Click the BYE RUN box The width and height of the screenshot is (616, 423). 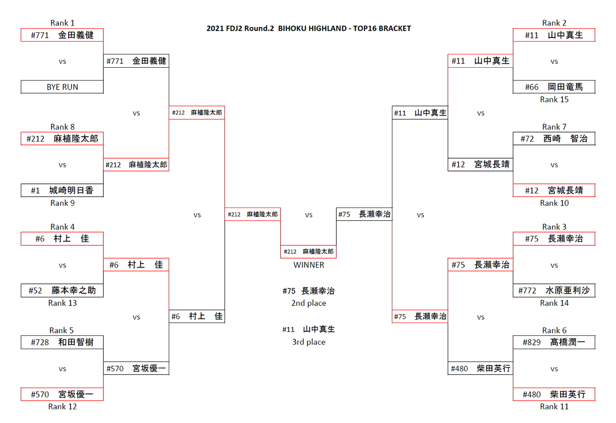point(62,87)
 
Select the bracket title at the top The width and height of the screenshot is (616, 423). point(308,28)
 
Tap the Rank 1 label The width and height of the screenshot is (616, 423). point(62,23)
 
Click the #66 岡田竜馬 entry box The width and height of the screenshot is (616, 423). point(554,87)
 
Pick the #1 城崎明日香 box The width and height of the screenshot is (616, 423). point(62,190)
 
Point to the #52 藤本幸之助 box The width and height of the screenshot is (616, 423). point(62,290)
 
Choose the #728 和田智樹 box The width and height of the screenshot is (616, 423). point(62,342)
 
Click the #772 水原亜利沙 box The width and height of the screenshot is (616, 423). point(554,290)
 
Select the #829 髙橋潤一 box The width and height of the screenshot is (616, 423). point(554,342)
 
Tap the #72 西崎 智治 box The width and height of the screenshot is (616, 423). point(554,139)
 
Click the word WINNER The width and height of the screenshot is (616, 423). point(308,265)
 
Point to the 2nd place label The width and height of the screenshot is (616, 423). point(308,303)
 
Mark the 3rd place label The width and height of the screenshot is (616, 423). point(308,342)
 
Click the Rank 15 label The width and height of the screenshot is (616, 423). point(554,99)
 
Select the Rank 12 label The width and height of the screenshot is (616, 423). point(62,406)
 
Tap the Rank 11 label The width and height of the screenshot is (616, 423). point(554,406)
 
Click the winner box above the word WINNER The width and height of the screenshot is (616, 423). point(308,252)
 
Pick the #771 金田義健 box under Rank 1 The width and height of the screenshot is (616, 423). point(62,35)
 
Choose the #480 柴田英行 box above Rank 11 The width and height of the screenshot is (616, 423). point(554,394)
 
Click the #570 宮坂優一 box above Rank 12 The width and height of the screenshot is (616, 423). point(62,394)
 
